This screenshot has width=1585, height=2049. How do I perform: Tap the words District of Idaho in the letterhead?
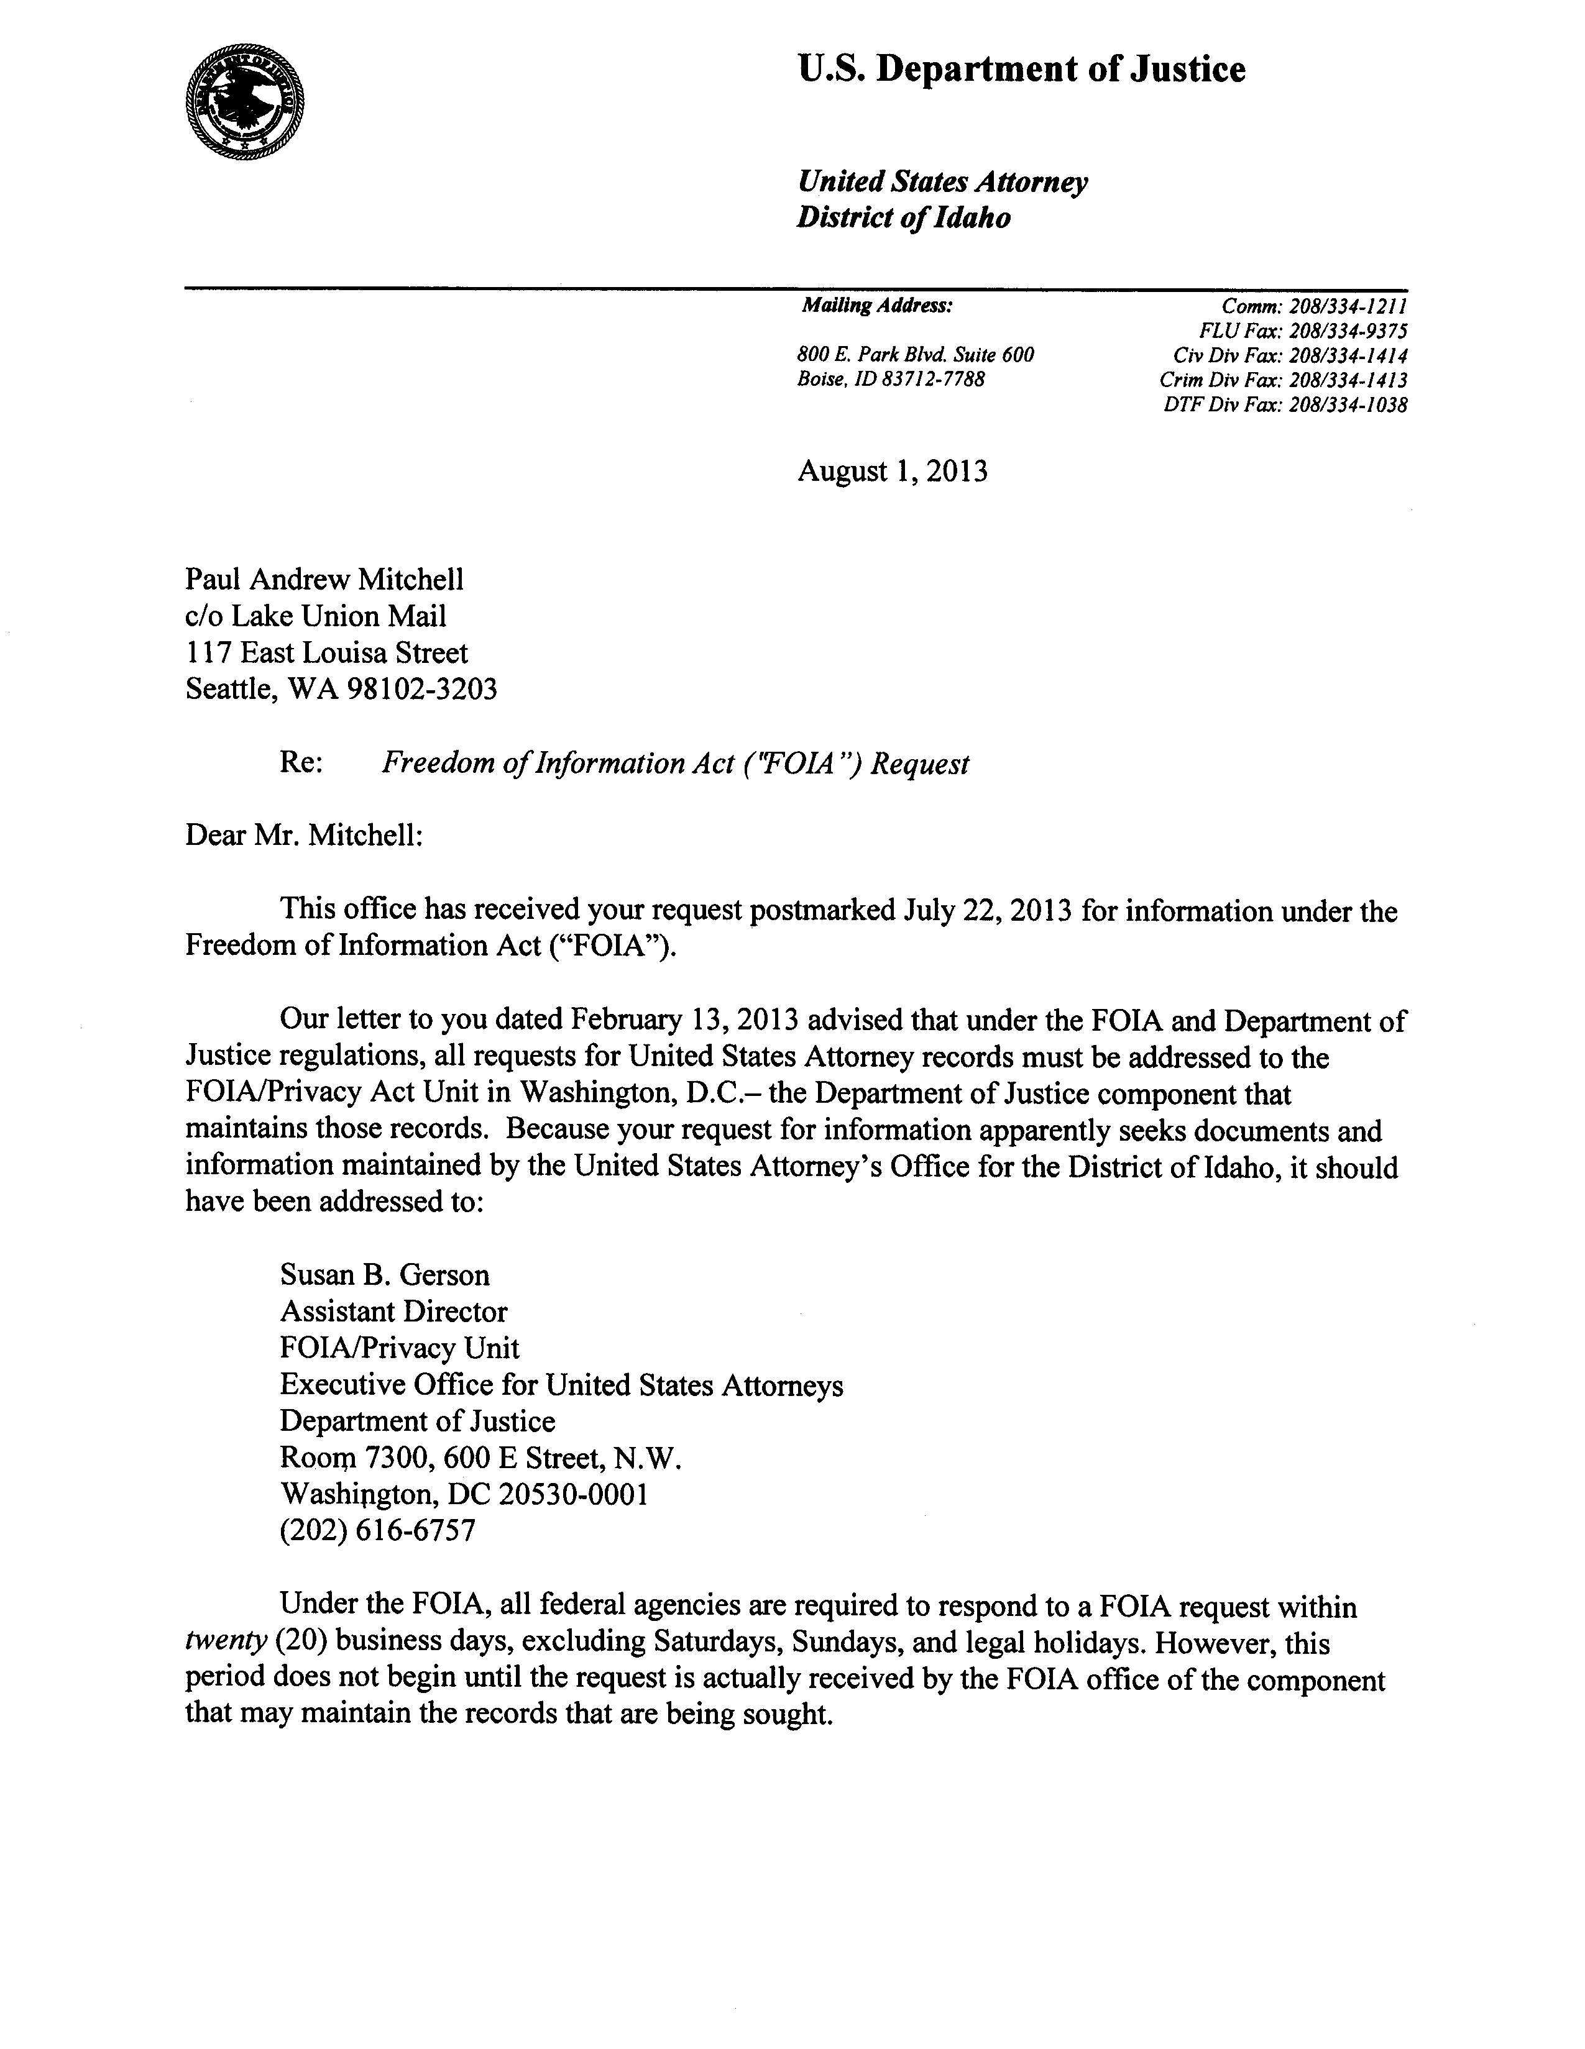tap(903, 217)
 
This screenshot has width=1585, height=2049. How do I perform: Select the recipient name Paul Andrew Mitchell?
tap(324, 580)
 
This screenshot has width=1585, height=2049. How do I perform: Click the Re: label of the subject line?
tap(301, 764)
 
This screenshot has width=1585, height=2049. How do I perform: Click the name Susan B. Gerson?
tap(385, 1275)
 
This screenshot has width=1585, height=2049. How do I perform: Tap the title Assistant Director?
tap(393, 1312)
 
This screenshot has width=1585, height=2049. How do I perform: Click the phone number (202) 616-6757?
tap(377, 1531)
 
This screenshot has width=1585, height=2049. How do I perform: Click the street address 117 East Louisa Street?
tap(326, 653)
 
